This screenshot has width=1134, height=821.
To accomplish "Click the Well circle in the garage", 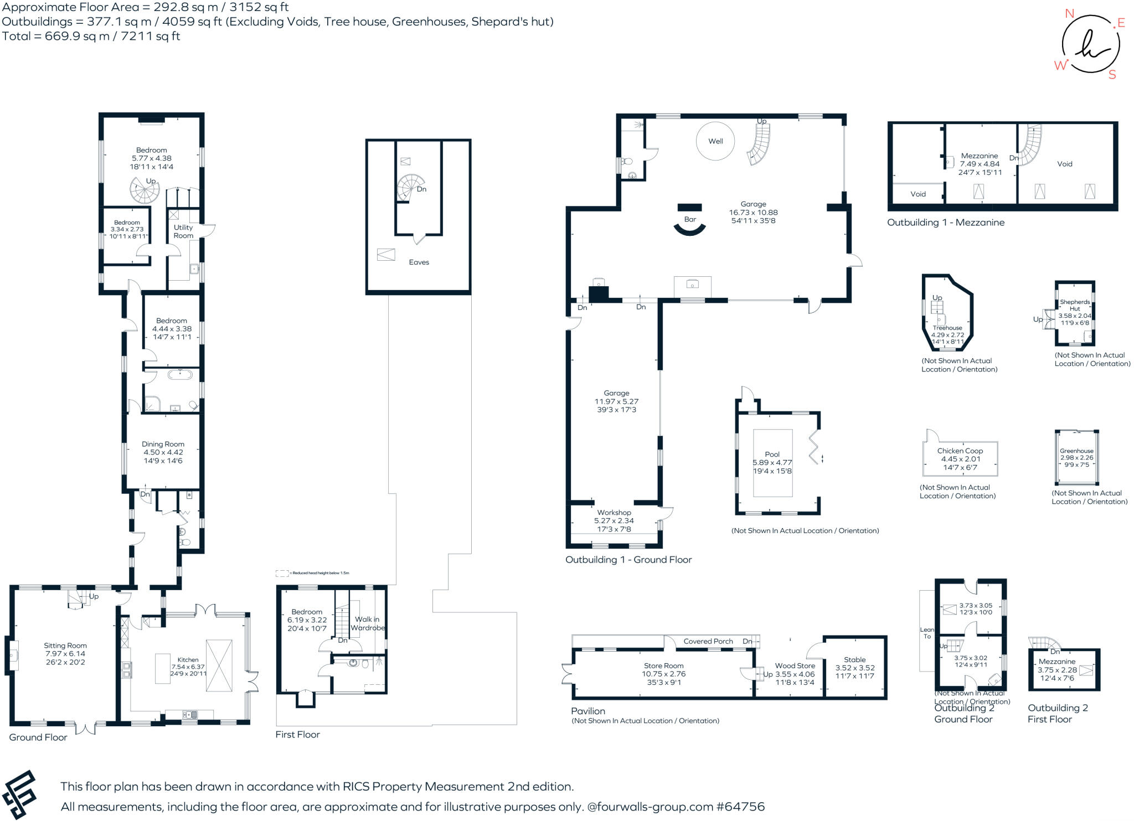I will pos(715,141).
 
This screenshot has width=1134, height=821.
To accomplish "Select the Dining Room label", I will pos(163,444).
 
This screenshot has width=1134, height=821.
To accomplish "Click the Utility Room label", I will pos(183,231).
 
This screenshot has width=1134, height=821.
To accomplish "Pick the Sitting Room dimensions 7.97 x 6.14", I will pos(65,654).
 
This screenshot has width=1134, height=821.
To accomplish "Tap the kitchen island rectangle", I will pos(163,668).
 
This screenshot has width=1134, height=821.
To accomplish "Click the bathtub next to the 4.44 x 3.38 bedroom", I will pos(180,375).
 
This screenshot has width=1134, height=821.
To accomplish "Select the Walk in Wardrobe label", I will pos(367,623).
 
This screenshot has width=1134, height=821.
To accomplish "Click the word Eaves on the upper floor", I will pos(419,262).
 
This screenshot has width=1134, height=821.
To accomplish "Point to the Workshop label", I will pos(614,513).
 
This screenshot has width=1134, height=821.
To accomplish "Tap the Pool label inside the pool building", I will pos(772,454).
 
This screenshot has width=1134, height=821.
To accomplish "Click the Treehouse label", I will pos(947,328).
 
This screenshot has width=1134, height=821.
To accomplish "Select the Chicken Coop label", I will pos(960,451).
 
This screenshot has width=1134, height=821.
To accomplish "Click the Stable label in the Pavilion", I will pos(854,659).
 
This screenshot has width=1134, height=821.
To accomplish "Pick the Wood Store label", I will pos(795,666).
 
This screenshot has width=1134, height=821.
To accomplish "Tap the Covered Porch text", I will pos(708,641).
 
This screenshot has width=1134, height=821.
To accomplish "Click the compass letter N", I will pos(1069,13).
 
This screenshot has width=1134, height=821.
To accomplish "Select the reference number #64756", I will pos(740,807).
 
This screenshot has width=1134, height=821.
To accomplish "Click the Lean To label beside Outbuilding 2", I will pos(927,633).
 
